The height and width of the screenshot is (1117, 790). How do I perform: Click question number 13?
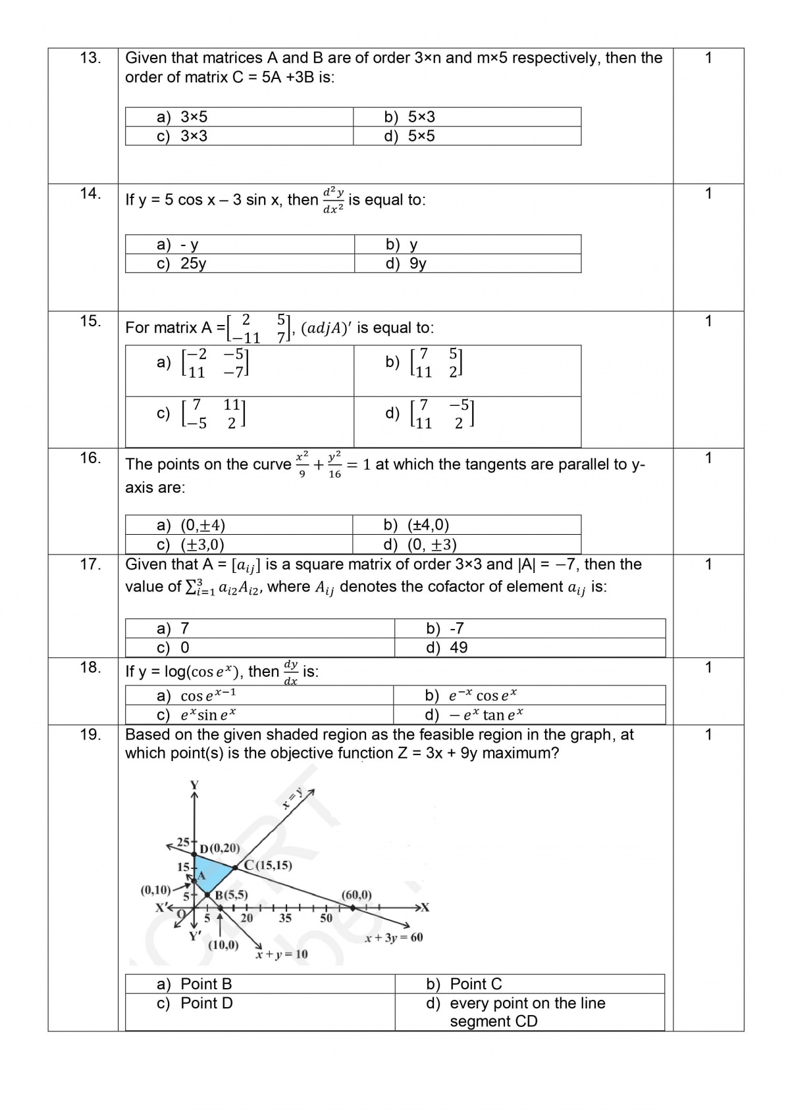point(90,58)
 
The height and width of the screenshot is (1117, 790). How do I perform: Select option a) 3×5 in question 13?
point(182,117)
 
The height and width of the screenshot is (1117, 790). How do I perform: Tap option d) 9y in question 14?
point(406,264)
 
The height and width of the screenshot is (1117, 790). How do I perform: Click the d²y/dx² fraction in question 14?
point(333,199)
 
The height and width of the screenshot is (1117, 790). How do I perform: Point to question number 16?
point(90,458)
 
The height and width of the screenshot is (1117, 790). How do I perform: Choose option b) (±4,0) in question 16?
point(416,525)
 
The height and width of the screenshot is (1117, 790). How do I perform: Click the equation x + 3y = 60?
point(394,937)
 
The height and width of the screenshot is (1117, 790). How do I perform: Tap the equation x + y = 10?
point(282,954)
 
